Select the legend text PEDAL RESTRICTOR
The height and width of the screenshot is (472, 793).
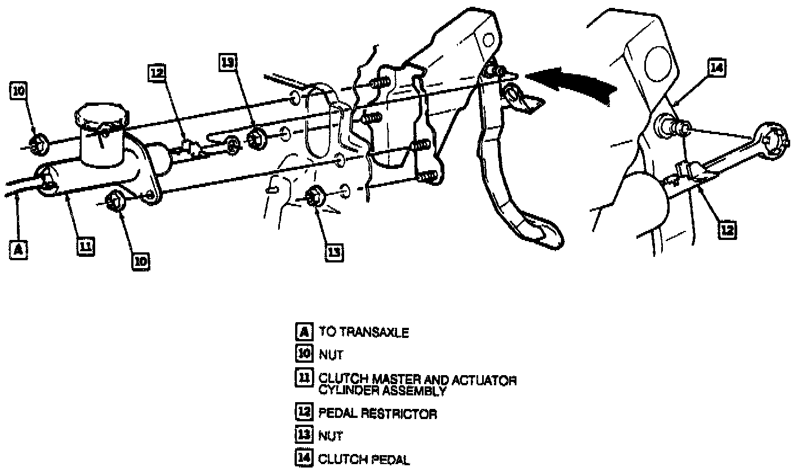coord(377,413)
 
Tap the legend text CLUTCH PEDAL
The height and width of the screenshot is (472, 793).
coord(364,460)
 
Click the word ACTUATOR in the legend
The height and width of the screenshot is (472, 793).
coord(488,380)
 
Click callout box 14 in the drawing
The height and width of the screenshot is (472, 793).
coord(716,69)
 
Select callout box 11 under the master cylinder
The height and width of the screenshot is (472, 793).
coord(86,246)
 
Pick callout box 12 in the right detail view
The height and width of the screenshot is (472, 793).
coord(728,230)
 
